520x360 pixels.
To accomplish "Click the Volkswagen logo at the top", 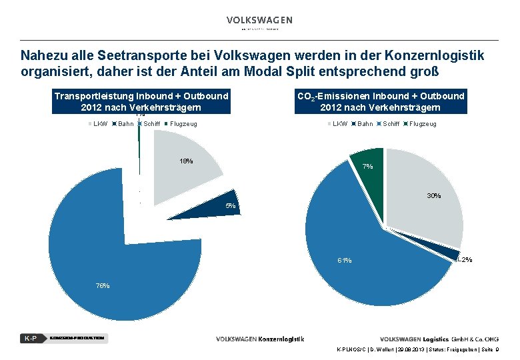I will (x=259, y=21).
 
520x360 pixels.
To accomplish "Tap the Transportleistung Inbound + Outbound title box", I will (x=141, y=101).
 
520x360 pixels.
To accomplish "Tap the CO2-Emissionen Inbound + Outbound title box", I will (x=380, y=101).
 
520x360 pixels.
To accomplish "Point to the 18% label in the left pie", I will (x=186, y=161).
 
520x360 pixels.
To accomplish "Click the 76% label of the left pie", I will (x=103, y=285).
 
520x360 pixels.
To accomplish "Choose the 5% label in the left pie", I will (x=231, y=206).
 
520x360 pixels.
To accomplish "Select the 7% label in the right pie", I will (x=367, y=167).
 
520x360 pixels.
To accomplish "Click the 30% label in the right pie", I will (x=434, y=196).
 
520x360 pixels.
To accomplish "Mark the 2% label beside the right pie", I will (x=466, y=259).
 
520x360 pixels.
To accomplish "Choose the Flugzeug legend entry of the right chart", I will (x=419, y=124).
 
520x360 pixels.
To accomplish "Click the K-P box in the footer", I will (x=30, y=338).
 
